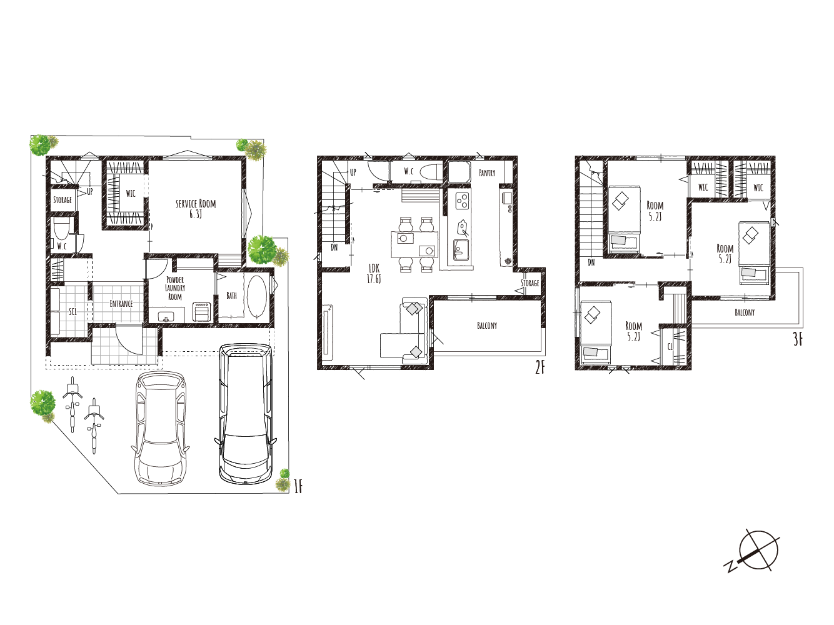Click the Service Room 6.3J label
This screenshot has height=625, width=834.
tap(196, 209)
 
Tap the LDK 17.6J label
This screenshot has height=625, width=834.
tap(374, 274)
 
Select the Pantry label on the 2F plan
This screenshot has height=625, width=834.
tap(487, 173)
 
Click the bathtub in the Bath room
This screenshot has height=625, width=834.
tap(257, 296)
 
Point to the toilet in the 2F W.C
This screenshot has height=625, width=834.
tap(433, 171)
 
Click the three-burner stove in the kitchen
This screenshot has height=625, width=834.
tap(463, 201)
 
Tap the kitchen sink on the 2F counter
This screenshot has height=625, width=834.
tap(461, 250)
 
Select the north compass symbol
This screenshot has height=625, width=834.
tap(754, 551)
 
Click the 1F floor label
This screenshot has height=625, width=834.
tap(298, 486)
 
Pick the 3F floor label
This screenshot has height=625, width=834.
tap(798, 339)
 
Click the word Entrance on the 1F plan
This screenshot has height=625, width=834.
tap(121, 303)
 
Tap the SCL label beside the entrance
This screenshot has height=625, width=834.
tap(73, 312)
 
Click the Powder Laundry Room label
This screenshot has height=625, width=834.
tap(175, 288)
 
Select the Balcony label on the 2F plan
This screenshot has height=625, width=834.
tap(487, 326)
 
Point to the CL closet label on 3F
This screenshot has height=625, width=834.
tap(670, 346)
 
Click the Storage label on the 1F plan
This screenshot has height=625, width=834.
tap(63, 200)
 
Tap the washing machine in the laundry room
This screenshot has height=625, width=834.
tap(201, 312)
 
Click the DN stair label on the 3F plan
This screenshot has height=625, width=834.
tap(591, 262)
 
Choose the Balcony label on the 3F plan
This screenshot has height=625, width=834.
tap(745, 312)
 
